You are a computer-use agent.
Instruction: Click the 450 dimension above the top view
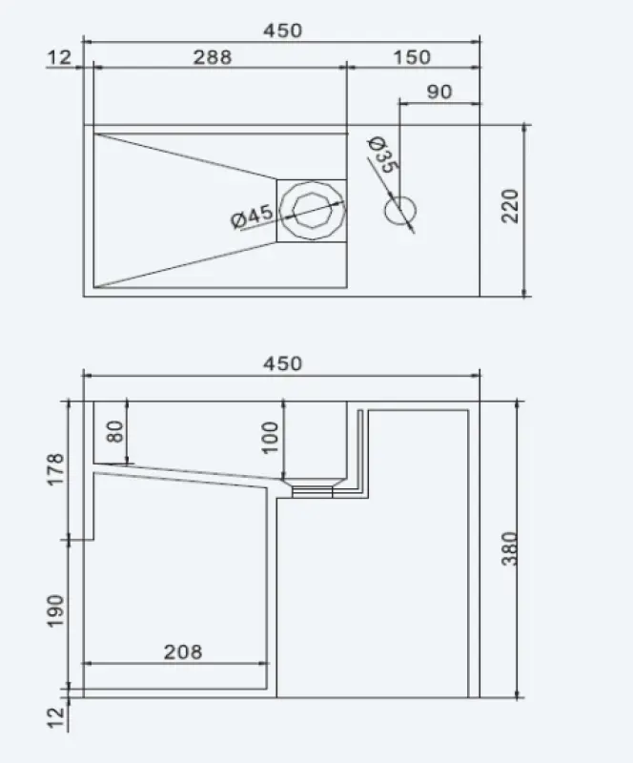(282, 30)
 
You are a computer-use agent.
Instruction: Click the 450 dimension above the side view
(282, 363)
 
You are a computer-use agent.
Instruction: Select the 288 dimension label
(213, 56)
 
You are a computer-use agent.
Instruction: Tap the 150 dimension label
(411, 56)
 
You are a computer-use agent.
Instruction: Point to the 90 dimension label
(439, 92)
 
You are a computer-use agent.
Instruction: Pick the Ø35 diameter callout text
(382, 155)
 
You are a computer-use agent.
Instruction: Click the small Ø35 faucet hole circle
(400, 208)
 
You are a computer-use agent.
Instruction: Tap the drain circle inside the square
(312, 210)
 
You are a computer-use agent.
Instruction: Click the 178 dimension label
(55, 470)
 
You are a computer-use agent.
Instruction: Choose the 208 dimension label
(183, 651)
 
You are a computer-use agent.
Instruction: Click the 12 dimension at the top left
(58, 57)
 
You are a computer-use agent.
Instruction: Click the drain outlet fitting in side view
(312, 490)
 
